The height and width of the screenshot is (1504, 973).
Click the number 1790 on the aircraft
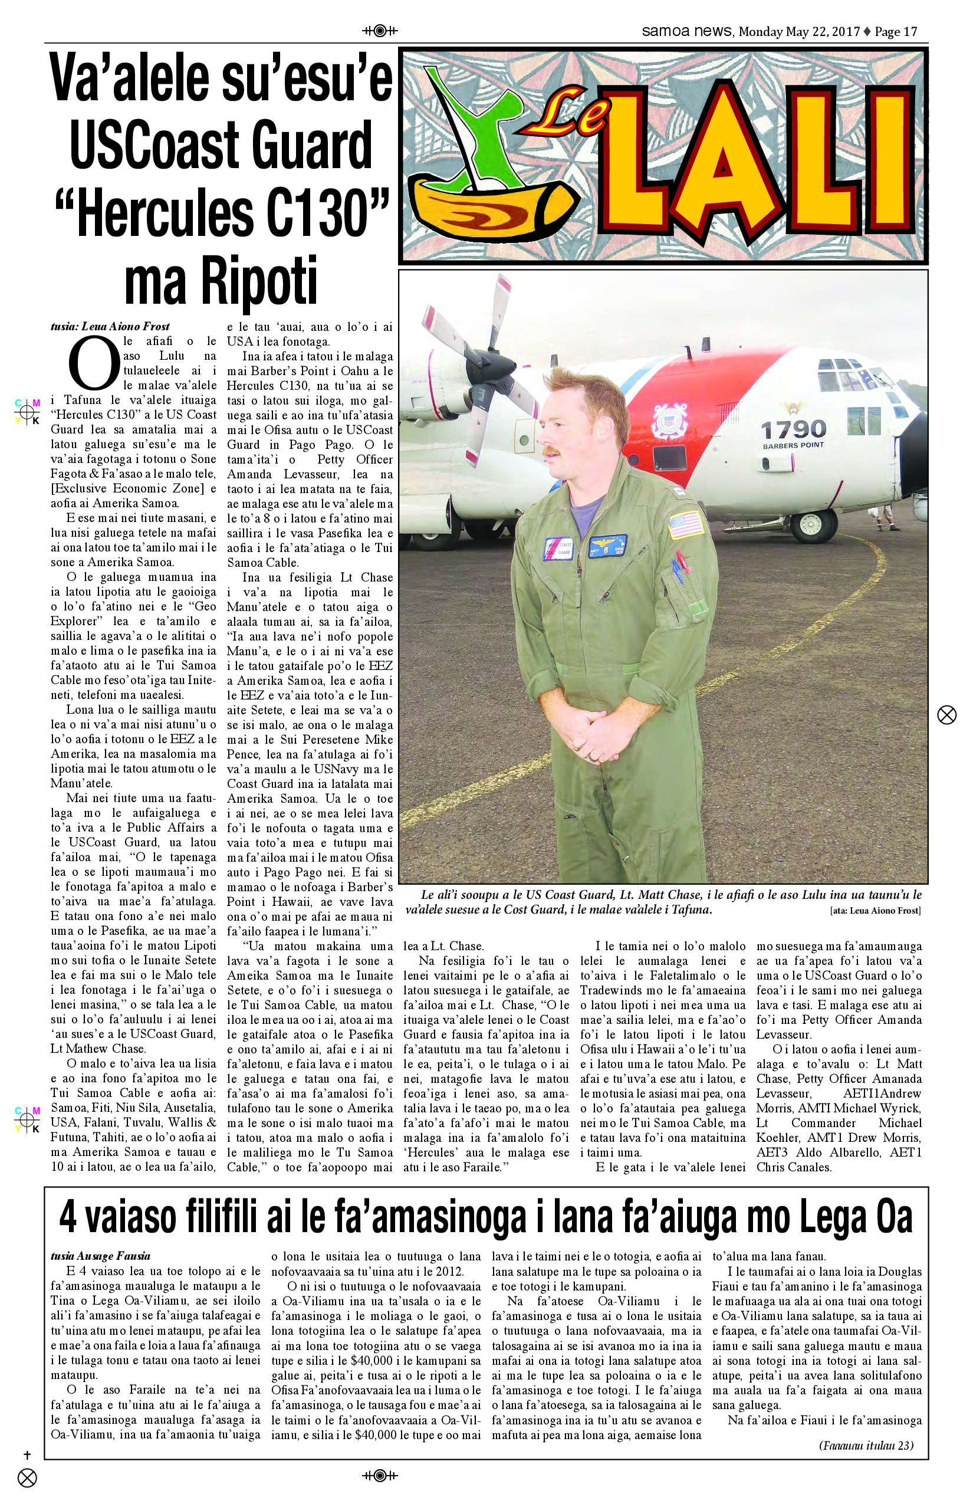pyautogui.click(x=793, y=430)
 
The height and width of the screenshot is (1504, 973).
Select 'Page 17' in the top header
pyautogui.click(x=895, y=32)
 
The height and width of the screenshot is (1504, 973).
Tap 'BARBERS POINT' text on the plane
pyautogui.click(x=794, y=445)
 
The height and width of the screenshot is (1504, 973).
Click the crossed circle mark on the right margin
pyautogui.click(x=946, y=715)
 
